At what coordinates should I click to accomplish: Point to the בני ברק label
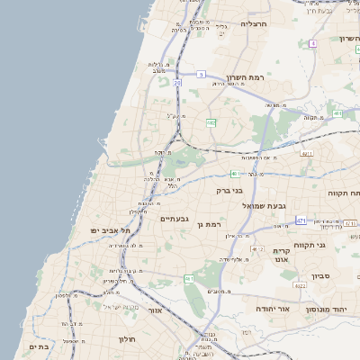click(x=231, y=190)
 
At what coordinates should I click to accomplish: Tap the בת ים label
click(x=38, y=346)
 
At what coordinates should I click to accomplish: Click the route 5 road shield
click(x=202, y=74)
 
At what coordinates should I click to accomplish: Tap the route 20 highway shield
click(x=177, y=83)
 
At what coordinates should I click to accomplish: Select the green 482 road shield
click(x=210, y=121)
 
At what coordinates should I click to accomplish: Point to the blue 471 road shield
click(x=300, y=220)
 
